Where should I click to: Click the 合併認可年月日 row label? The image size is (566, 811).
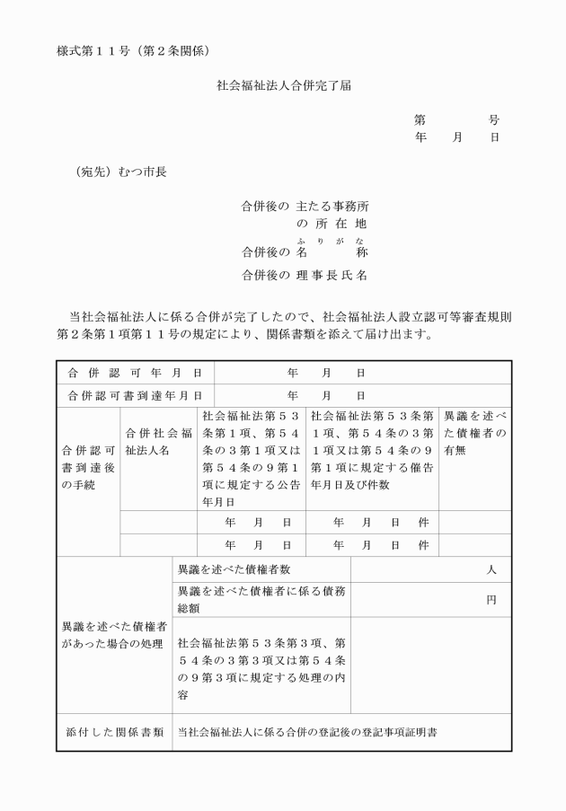(x=136, y=373)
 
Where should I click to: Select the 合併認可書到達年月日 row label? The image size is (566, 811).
(x=136, y=395)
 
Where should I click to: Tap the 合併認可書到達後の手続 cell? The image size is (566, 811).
(x=87, y=460)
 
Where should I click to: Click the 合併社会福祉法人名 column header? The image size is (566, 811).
(x=159, y=441)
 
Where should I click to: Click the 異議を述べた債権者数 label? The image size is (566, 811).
(x=234, y=570)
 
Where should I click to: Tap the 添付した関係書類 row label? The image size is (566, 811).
(x=114, y=733)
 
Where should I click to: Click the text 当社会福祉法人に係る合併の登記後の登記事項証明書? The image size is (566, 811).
(x=307, y=733)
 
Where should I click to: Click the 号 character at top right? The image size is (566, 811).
(x=494, y=119)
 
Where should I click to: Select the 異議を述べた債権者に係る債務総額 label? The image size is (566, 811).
(x=261, y=599)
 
